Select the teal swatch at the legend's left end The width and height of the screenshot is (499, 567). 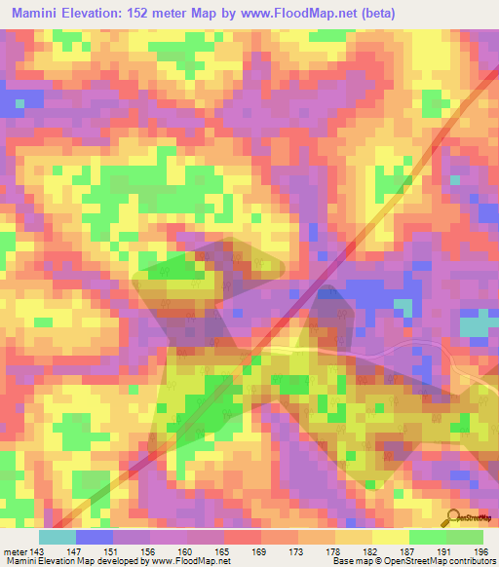[58, 537]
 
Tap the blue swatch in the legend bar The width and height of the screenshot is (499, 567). [95, 537]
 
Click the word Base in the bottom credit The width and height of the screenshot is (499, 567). [343, 562]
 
